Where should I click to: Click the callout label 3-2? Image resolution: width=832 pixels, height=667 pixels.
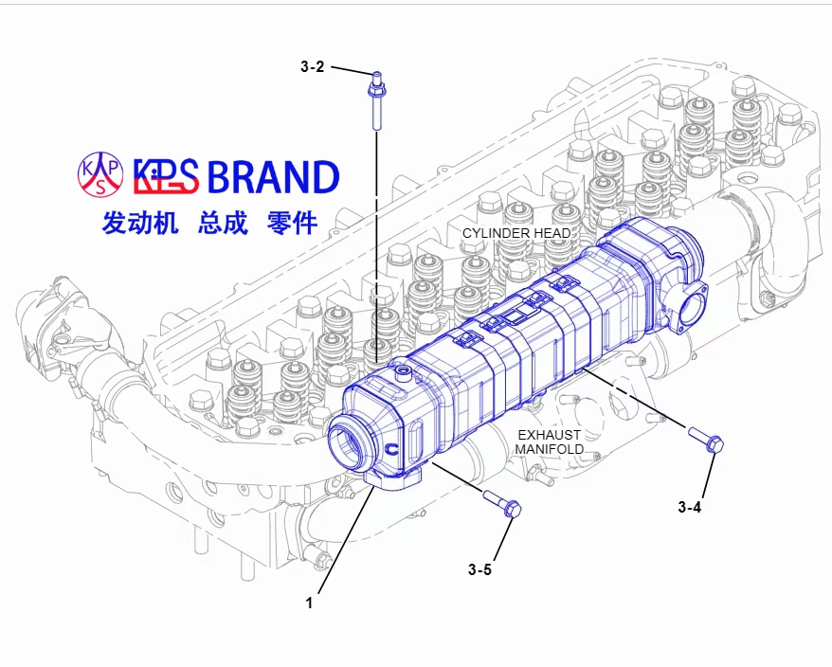pyautogui.click(x=312, y=67)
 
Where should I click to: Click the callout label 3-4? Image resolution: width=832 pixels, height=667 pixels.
pyautogui.click(x=689, y=507)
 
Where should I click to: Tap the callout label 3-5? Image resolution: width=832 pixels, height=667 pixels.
pyautogui.click(x=479, y=569)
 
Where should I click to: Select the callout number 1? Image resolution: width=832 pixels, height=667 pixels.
pyautogui.click(x=309, y=601)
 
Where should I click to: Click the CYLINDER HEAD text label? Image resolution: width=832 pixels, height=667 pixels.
pyautogui.click(x=516, y=233)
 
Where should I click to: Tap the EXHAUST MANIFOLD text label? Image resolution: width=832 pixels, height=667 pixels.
pyautogui.click(x=549, y=442)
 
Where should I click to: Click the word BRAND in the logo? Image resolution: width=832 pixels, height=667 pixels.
pyautogui.click(x=272, y=177)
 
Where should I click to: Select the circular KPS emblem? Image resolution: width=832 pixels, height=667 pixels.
pyautogui.click(x=100, y=173)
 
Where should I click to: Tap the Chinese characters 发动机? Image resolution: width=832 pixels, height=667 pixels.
pyautogui.click(x=140, y=224)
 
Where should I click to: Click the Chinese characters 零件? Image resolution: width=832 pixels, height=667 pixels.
pyautogui.click(x=293, y=224)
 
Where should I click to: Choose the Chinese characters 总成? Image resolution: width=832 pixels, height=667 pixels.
pyautogui.click(x=223, y=224)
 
